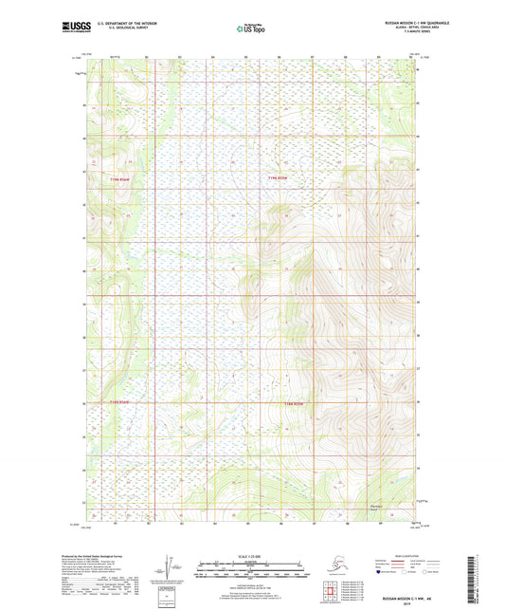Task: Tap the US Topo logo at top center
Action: click(x=251, y=29)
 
